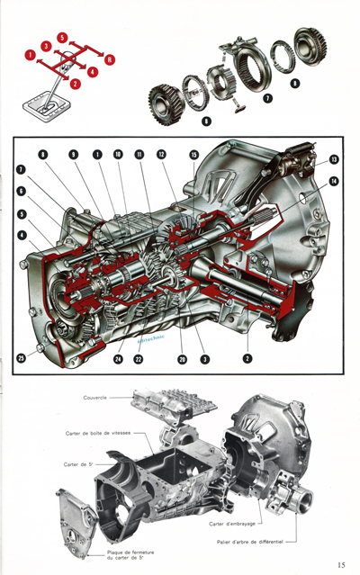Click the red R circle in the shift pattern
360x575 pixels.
tap(109, 60)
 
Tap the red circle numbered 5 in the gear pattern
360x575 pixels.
tap(61, 38)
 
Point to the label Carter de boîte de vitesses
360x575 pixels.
tap(98, 433)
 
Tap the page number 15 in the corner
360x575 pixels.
tap(342, 564)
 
